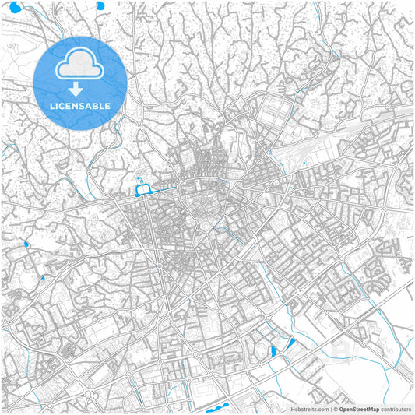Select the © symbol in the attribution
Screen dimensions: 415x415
336,408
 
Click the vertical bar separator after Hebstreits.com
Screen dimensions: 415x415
329,408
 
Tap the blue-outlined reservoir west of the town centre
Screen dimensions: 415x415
143,189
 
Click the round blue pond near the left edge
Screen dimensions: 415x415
26,244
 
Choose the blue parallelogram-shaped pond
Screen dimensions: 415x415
290,343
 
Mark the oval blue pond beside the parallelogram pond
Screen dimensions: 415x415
274,351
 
